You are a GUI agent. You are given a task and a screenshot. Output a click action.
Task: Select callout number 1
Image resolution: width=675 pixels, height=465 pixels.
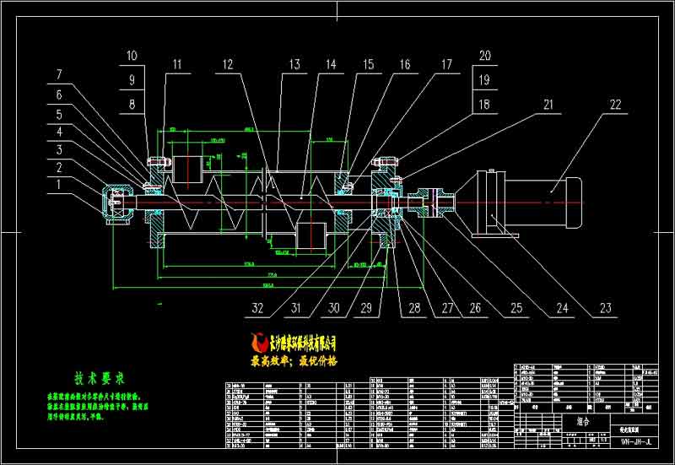pos(59,184)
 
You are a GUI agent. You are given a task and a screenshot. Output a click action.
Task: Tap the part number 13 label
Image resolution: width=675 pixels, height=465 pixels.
pos(294,64)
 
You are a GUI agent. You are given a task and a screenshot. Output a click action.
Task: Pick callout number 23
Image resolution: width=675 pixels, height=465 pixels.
pos(604,308)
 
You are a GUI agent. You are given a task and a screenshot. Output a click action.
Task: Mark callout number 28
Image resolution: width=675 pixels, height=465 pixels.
pos(414,308)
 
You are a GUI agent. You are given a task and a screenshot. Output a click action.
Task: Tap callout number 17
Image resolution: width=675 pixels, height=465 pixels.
pos(446,64)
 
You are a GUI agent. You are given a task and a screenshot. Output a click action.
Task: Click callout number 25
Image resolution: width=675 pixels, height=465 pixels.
pos(510,308)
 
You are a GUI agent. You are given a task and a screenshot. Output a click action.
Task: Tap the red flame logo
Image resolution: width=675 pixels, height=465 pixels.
pos(260,343)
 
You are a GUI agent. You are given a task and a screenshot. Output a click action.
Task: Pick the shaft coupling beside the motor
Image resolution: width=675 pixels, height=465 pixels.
pos(431,203)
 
